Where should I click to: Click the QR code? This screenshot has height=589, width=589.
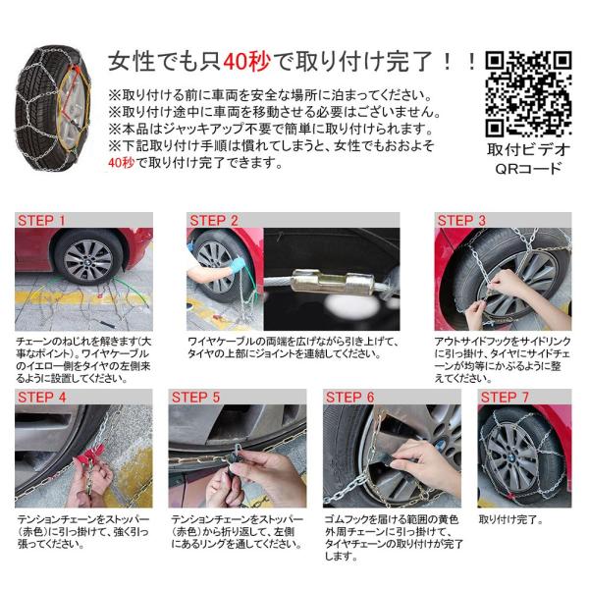(x=528, y=93)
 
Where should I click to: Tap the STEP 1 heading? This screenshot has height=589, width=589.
(x=41, y=221)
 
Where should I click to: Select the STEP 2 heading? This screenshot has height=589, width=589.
(x=214, y=221)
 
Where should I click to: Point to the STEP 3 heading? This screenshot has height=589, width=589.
(x=461, y=221)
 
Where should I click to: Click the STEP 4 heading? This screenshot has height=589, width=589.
(x=41, y=397)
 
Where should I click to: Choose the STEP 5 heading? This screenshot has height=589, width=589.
(x=195, y=397)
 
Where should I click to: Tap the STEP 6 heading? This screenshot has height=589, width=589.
(x=349, y=397)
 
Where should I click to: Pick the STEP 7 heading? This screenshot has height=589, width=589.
(x=505, y=397)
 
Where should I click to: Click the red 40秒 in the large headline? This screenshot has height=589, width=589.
(x=246, y=62)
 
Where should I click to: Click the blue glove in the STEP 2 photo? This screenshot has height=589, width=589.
(x=237, y=266)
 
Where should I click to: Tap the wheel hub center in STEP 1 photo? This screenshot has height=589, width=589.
(x=88, y=261)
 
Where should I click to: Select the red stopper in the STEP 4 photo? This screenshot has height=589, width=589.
(x=90, y=455)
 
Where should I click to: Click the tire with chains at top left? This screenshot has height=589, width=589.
(x=53, y=108)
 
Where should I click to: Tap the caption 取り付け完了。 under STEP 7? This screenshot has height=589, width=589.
(x=510, y=519)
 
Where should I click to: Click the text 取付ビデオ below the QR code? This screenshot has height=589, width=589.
(x=528, y=149)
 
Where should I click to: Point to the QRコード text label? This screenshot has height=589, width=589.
(x=528, y=169)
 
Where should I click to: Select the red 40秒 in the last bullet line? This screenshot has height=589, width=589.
(x=121, y=163)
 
